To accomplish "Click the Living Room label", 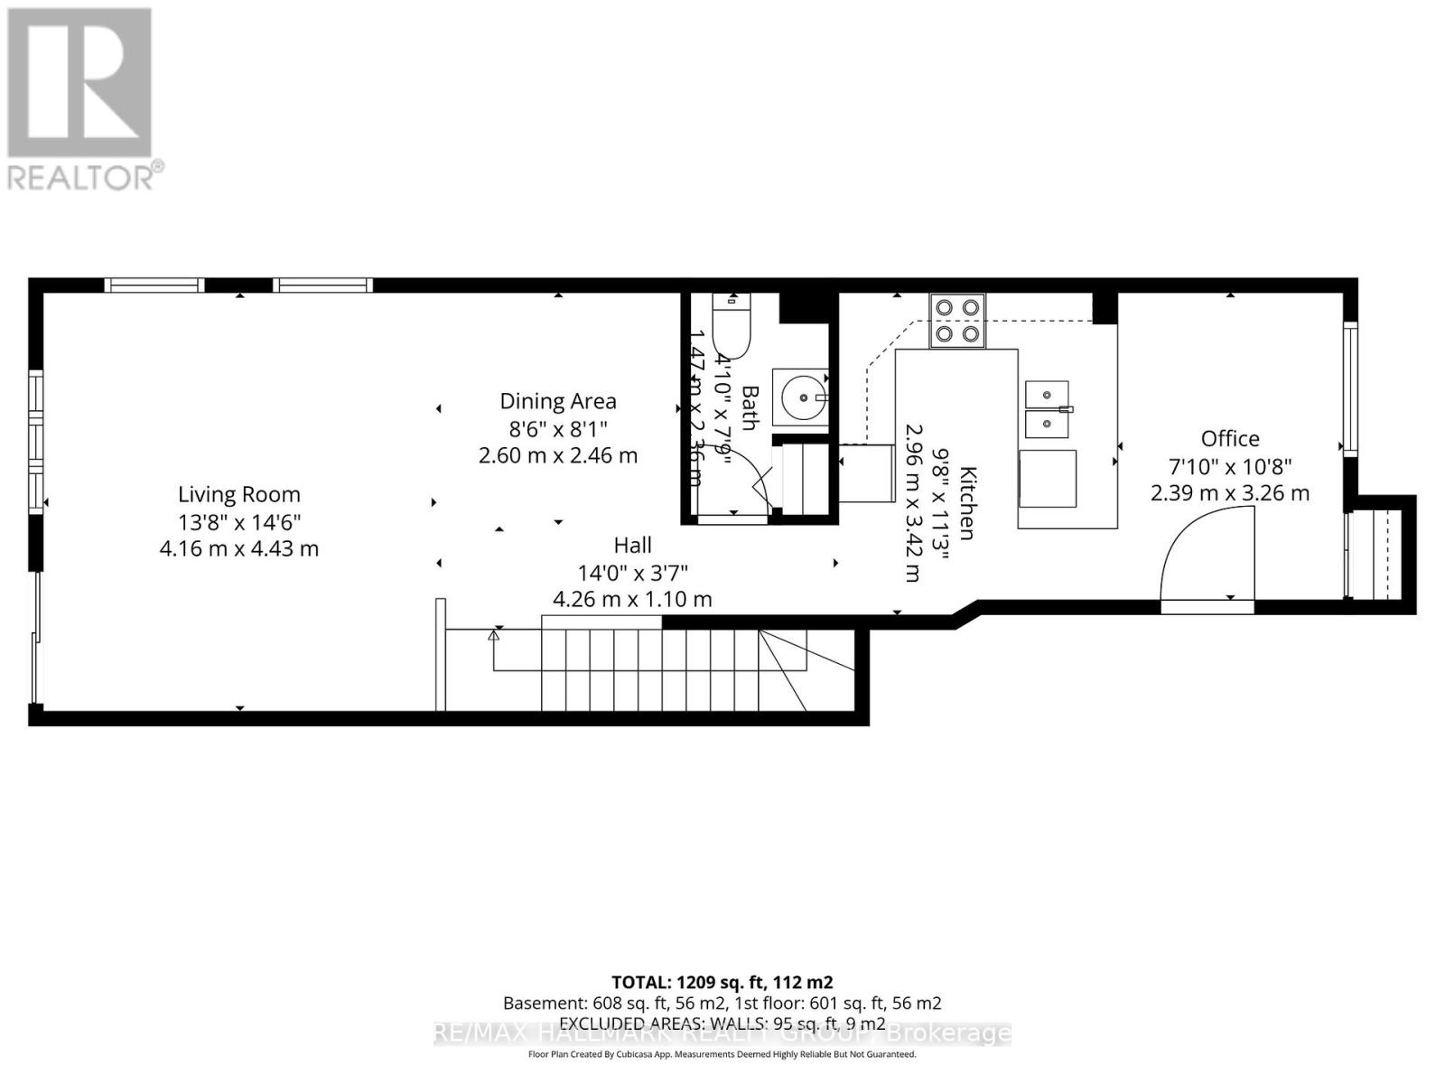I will [x=238, y=494].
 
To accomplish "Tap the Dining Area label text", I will [x=558, y=401].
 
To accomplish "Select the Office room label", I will [x=1229, y=438].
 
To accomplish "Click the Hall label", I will [x=632, y=545].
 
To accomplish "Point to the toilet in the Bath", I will [x=731, y=328].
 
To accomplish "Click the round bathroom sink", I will [x=803, y=397].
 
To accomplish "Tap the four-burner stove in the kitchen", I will [x=957, y=321].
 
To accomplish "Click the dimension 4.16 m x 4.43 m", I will [x=238, y=548].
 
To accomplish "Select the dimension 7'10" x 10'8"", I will [x=1230, y=466].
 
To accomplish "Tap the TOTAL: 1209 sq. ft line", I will [x=722, y=982].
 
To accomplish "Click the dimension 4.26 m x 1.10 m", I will [x=632, y=599].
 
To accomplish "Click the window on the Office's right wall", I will [x=1349, y=388].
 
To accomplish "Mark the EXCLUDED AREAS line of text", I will [x=722, y=1023].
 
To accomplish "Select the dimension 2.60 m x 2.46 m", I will [x=558, y=455].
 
